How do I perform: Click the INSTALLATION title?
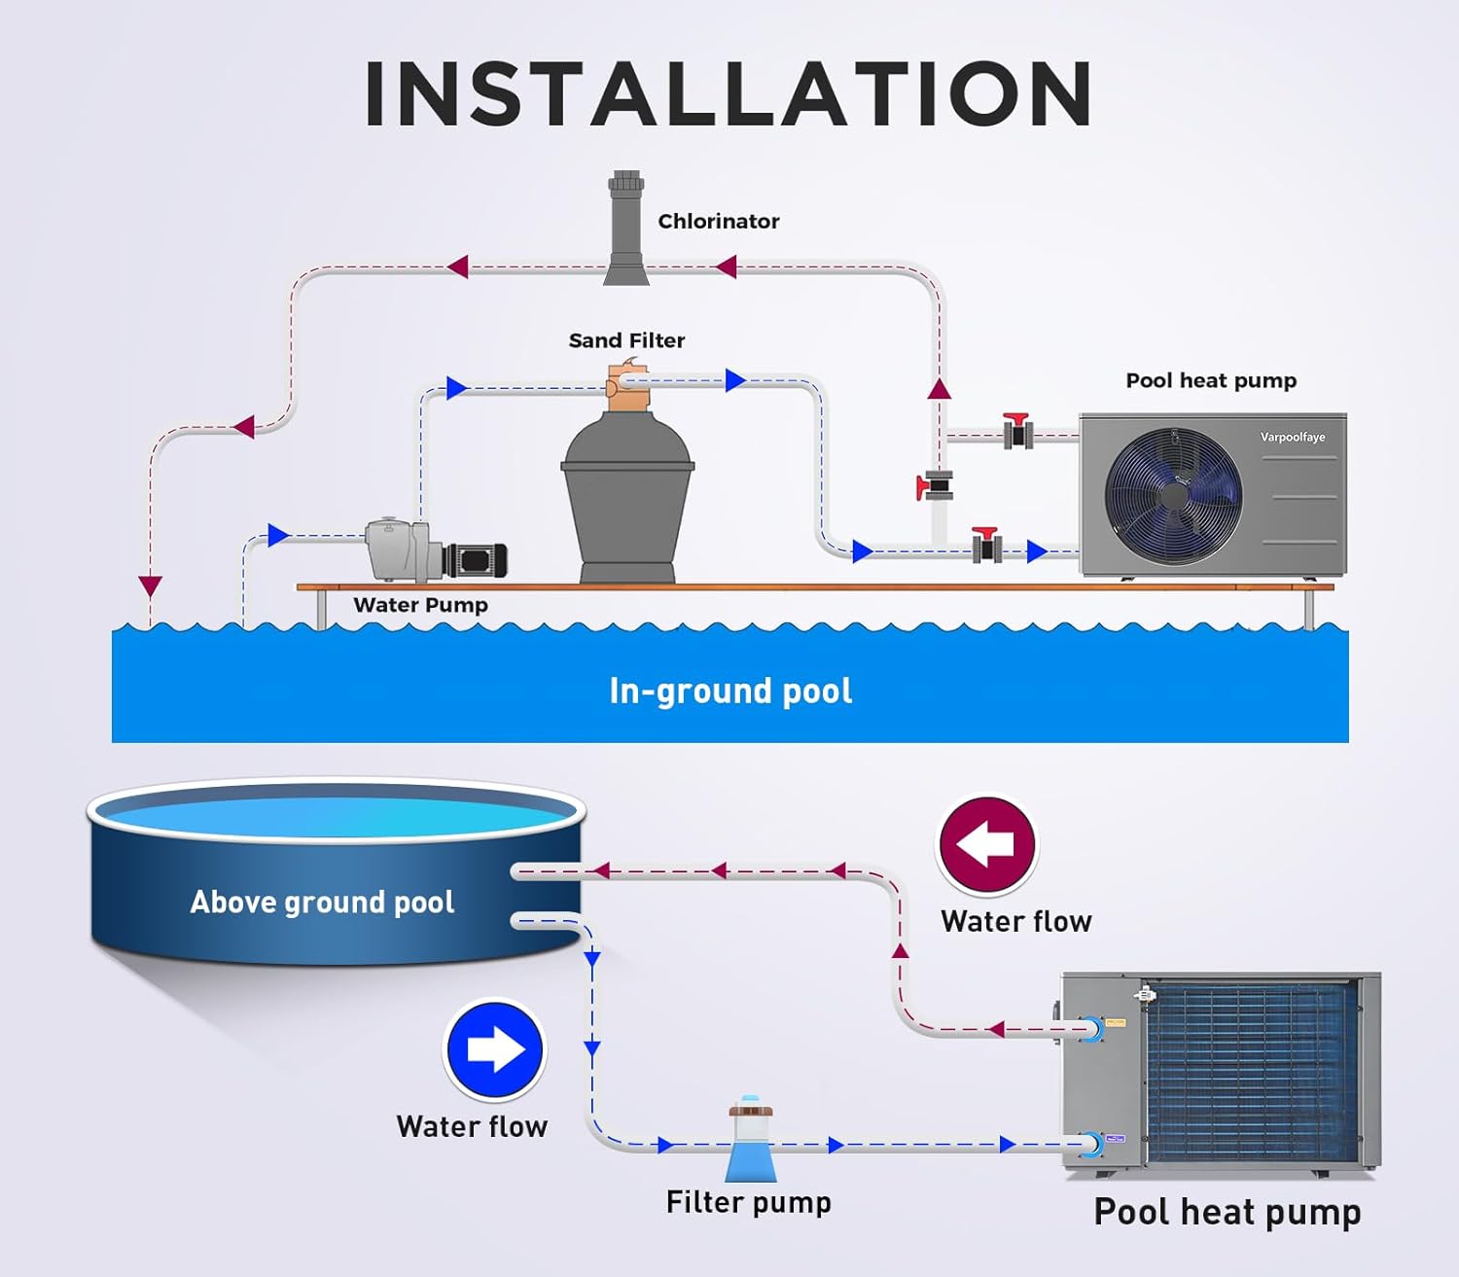point(729,93)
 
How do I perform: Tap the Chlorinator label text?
point(718,222)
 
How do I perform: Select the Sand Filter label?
point(626,340)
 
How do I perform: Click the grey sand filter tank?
point(627,496)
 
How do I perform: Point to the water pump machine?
point(433,551)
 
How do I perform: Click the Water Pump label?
point(420,605)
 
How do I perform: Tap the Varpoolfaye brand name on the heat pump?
point(1292,437)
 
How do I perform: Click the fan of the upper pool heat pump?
point(1174,495)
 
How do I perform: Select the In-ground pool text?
point(730,691)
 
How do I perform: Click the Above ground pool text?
point(322,903)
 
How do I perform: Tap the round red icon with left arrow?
point(986,844)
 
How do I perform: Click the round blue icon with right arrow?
point(495,1050)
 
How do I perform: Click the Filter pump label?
point(748,1202)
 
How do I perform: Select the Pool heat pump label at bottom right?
point(1227,1212)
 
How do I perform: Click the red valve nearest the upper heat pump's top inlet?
point(1017,430)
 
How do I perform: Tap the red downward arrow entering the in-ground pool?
point(150,585)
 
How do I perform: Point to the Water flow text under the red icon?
point(1015,921)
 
